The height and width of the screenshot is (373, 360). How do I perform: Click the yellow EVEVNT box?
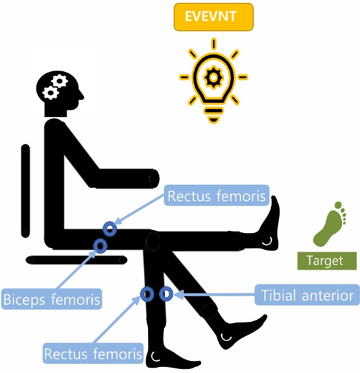213,17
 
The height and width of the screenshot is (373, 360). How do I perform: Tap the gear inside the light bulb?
213,77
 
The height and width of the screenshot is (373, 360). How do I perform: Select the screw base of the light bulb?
213,115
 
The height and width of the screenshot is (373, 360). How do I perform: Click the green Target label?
327,261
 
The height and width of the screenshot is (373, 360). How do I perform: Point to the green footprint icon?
330,224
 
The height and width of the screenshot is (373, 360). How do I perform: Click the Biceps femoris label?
52,299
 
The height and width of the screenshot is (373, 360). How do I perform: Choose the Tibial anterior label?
307,295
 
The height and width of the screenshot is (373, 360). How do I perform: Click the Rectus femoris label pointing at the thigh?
217,195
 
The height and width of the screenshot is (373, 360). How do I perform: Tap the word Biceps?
25,300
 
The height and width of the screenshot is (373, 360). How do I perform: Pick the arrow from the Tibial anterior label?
214,295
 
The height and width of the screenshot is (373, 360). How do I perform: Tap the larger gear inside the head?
60,81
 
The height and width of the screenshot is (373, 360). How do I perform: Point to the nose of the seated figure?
82,97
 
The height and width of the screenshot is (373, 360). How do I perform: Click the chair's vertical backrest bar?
25,191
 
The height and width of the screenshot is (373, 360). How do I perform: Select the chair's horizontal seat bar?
77,260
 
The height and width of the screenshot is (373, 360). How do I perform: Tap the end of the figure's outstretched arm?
154,178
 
